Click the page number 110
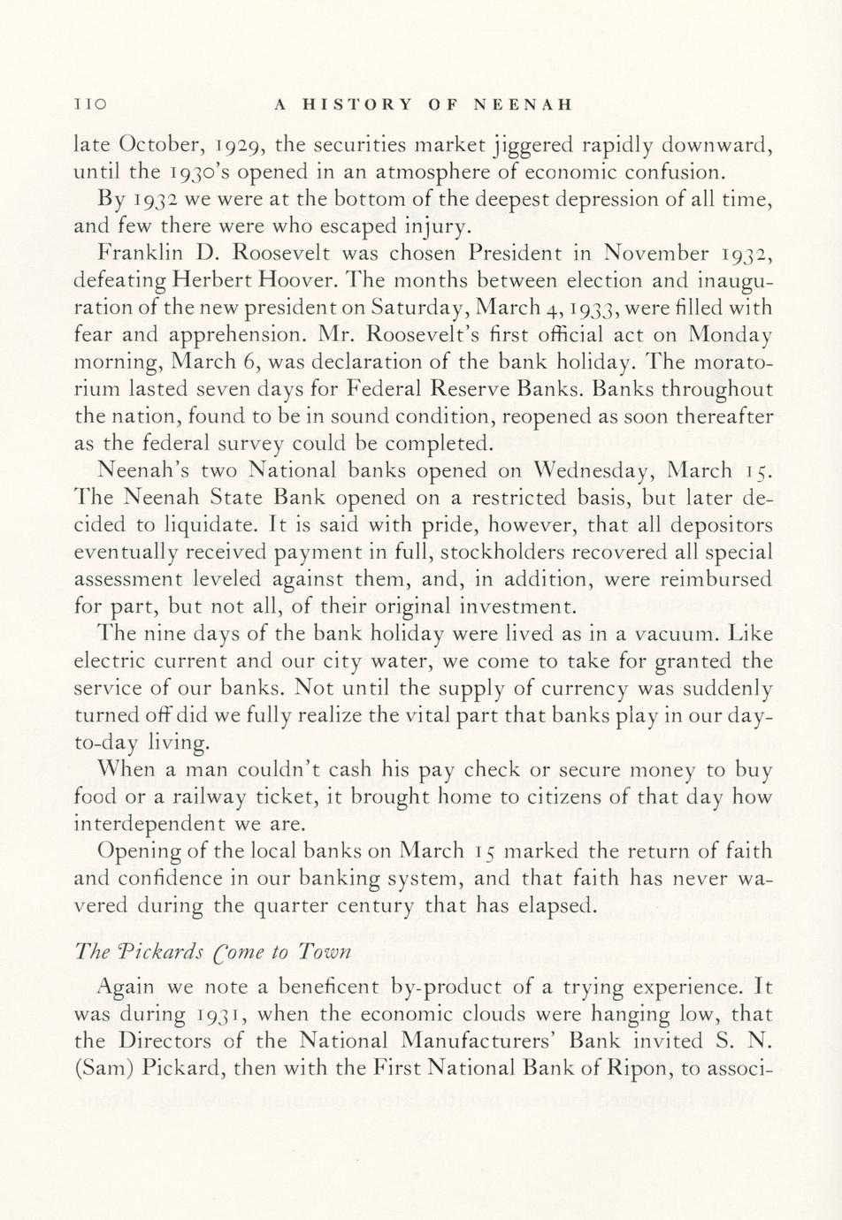pos(89,104)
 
